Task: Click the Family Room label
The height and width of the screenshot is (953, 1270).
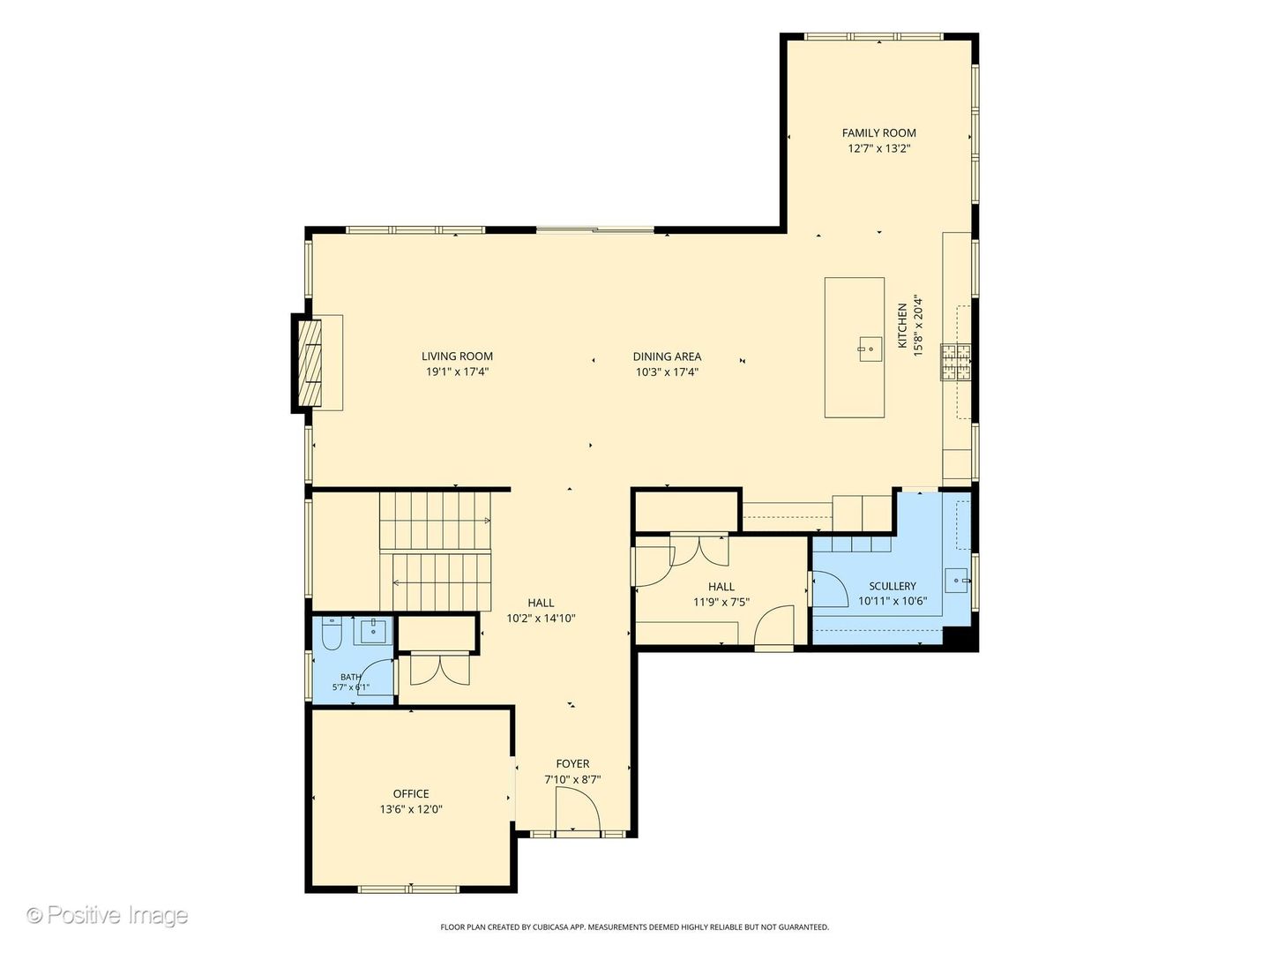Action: pyautogui.click(x=878, y=133)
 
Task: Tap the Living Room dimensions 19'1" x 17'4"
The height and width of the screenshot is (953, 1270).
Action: pyautogui.click(x=457, y=372)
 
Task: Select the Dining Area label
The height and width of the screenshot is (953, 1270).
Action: pyautogui.click(x=667, y=357)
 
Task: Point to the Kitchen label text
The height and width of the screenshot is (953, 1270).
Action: pyautogui.click(x=902, y=326)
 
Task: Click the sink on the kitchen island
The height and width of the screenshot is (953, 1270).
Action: pyautogui.click(x=870, y=349)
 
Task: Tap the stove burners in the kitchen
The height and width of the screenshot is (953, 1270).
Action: pyautogui.click(x=956, y=362)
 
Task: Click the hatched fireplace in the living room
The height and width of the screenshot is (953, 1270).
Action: pyautogui.click(x=310, y=364)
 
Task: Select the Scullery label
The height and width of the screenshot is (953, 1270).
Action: pyautogui.click(x=893, y=586)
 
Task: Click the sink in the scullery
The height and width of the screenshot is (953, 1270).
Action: pyautogui.click(x=957, y=581)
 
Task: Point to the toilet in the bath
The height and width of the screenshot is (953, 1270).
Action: pyautogui.click(x=332, y=634)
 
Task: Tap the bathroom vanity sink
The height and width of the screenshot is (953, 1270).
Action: pyautogui.click(x=373, y=631)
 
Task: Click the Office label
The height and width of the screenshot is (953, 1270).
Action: pyautogui.click(x=411, y=794)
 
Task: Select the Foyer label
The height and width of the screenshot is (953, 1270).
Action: pyautogui.click(x=572, y=764)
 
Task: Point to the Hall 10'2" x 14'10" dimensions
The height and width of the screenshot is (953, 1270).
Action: pyautogui.click(x=541, y=619)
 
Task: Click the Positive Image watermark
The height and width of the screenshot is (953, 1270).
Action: pyautogui.click(x=108, y=915)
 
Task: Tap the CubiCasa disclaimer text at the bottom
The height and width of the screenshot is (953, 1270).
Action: pyautogui.click(x=635, y=927)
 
